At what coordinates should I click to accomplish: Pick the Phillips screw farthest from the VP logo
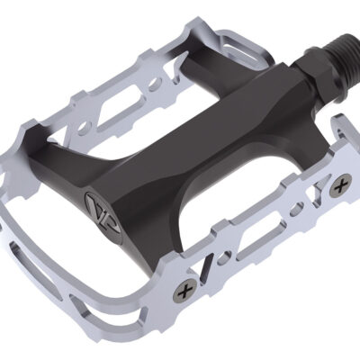click(340, 188)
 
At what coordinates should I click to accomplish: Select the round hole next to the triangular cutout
click(298, 207)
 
